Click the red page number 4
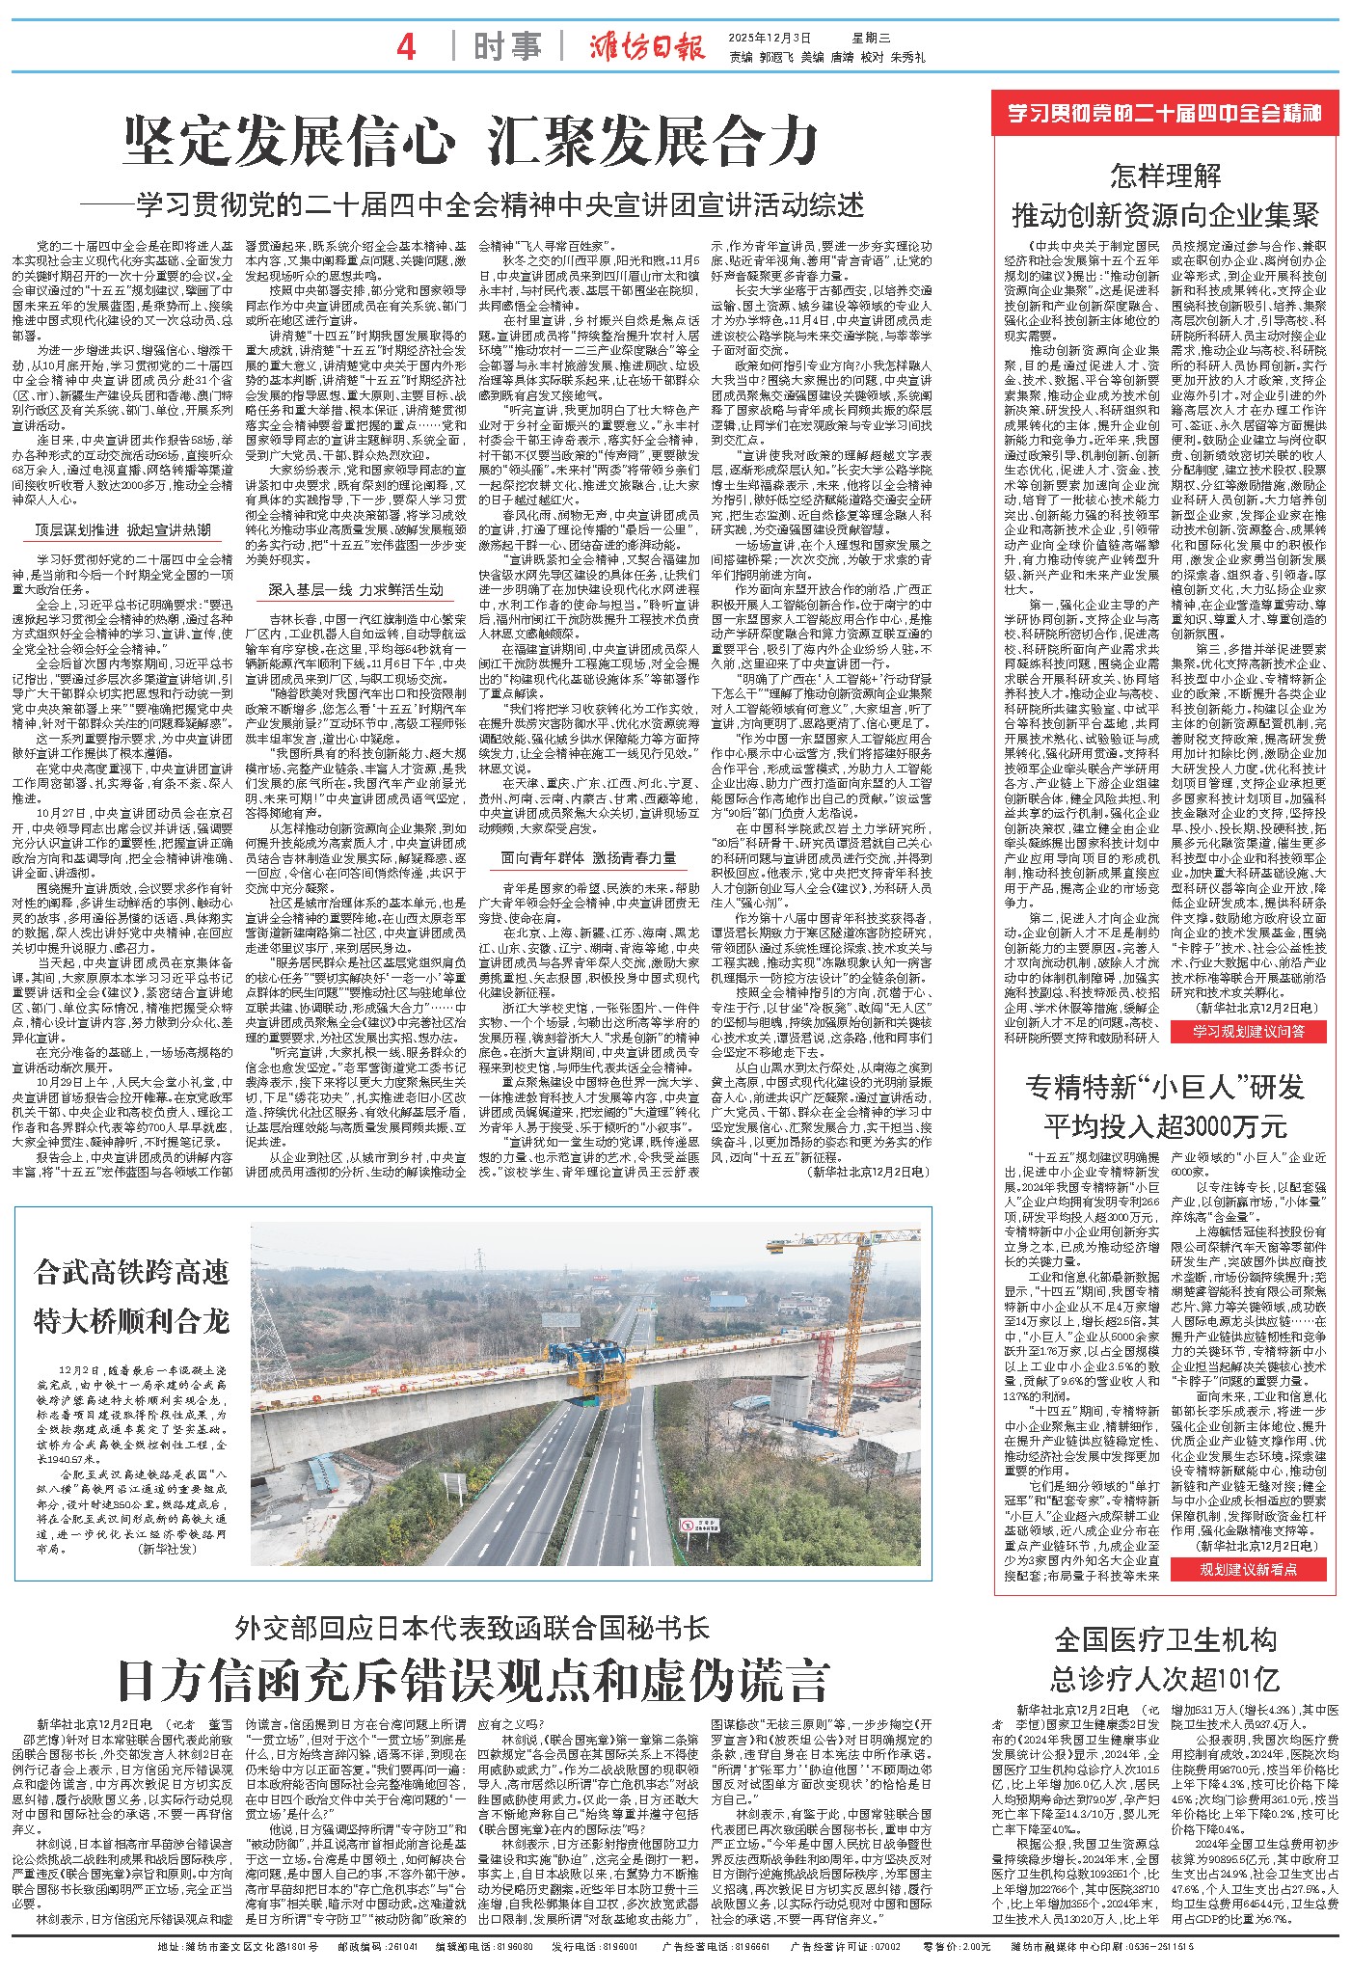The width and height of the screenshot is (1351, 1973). pos(406,45)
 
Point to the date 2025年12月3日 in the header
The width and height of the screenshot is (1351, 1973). pos(771,38)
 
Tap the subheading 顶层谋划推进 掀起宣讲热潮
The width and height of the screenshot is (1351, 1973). pos(122,529)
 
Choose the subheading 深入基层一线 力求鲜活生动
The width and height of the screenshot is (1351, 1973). pos(356,589)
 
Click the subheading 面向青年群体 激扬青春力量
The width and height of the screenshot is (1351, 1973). pos(589,857)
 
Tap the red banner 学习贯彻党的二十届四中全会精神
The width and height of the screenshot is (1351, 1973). pos(1165,114)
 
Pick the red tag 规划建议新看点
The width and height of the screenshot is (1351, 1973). pos(1249,1569)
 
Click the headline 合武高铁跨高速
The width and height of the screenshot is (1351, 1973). pos(131,1273)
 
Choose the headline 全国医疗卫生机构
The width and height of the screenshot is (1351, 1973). pos(1165,1640)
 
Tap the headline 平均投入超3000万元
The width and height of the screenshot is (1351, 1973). pos(1165,1125)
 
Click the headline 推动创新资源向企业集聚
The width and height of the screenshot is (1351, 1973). pos(1165,214)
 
